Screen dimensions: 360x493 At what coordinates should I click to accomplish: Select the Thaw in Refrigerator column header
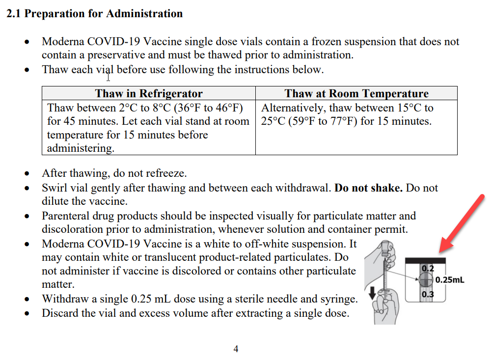pyautogui.click(x=148, y=93)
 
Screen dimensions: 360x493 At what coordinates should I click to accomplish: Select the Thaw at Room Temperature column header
pyautogui.click(x=356, y=93)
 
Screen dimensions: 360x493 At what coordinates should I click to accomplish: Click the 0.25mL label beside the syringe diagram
pyautogui.click(x=449, y=280)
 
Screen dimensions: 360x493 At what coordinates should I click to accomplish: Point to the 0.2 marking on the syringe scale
pyautogui.click(x=428, y=269)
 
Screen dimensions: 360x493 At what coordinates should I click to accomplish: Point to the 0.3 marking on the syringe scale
pyautogui.click(x=428, y=294)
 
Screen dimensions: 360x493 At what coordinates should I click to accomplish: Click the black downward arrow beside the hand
pyautogui.click(x=373, y=293)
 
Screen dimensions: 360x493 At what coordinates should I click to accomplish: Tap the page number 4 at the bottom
pyautogui.click(x=236, y=349)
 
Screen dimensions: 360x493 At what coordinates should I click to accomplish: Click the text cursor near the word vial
pyautogui.click(x=109, y=76)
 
